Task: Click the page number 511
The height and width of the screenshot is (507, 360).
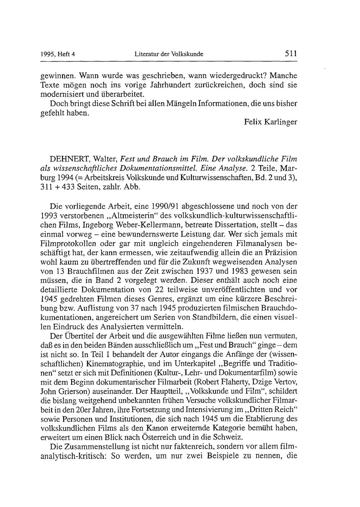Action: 290,54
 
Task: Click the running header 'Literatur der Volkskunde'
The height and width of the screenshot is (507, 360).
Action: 169,54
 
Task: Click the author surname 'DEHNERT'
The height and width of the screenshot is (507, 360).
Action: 70,159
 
